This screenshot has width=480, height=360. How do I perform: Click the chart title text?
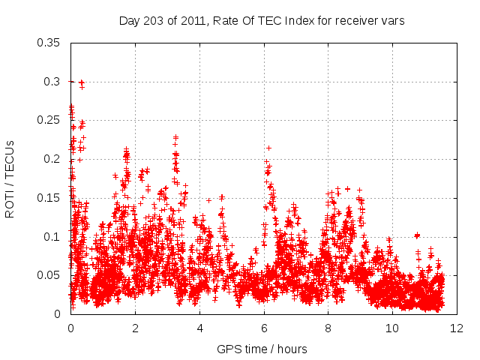262,21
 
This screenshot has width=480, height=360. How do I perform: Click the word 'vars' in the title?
394,21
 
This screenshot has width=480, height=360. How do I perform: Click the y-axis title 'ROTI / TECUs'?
10,178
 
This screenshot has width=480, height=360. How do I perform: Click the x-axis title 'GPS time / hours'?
262,349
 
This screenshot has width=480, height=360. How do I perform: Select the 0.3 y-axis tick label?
52,81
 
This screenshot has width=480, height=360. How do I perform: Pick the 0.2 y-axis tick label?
52,159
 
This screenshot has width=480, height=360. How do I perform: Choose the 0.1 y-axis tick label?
52,236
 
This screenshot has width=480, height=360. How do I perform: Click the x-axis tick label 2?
135,328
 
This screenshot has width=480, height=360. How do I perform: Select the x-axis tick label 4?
199,328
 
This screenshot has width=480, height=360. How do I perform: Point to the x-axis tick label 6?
264,328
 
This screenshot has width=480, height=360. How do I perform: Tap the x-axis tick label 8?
328,328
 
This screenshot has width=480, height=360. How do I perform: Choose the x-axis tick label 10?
392,328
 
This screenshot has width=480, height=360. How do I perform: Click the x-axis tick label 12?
457,328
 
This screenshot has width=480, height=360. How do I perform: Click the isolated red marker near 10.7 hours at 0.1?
417,235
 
